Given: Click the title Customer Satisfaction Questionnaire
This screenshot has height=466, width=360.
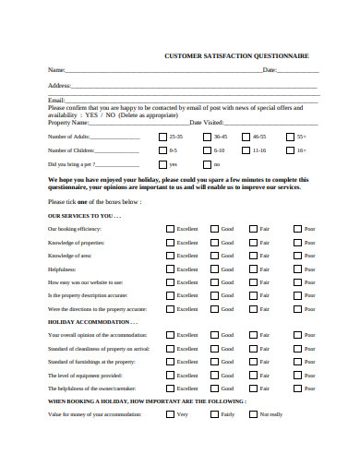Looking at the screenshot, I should [237, 55].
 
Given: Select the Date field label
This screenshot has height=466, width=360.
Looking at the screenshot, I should [270, 70].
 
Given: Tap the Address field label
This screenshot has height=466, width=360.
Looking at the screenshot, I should [58, 85].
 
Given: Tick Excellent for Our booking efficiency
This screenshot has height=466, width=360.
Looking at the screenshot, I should [170, 228].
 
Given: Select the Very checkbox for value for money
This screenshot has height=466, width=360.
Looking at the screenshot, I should [170, 415].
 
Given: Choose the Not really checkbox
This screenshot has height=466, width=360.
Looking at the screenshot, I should [253, 415].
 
